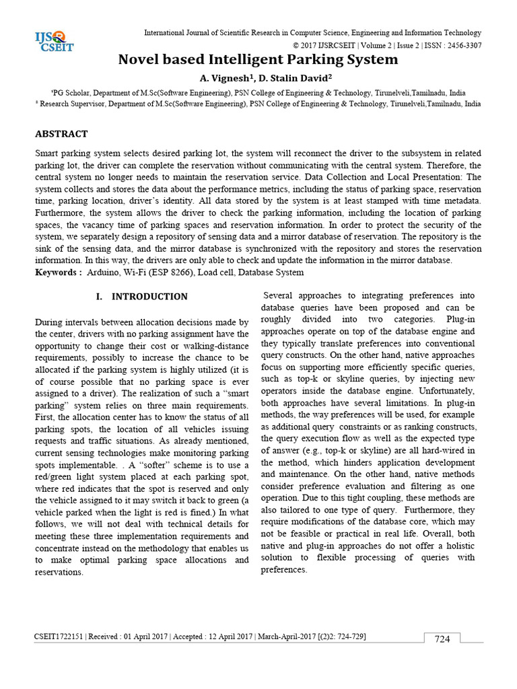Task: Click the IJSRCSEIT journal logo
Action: click(54, 42)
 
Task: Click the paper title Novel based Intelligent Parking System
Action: click(258, 60)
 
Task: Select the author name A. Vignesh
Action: click(228, 78)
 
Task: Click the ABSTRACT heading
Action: click(61, 134)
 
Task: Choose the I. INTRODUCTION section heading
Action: click(142, 297)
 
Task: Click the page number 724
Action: click(442, 639)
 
